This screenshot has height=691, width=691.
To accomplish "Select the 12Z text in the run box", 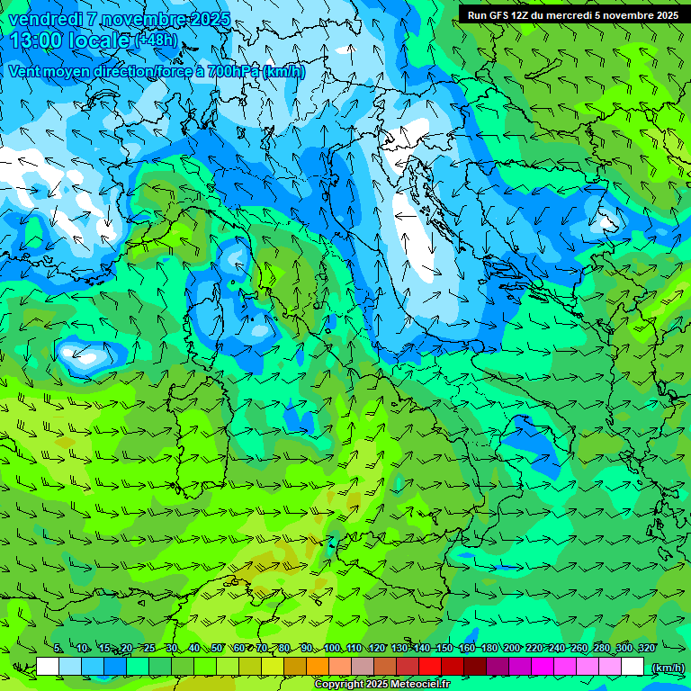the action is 520,15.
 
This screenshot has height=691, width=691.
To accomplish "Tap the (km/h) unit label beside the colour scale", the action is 667,668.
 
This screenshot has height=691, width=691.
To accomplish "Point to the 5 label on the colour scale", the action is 58,648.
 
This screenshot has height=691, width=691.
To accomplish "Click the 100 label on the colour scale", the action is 332,648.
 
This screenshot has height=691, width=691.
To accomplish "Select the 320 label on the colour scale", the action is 646,648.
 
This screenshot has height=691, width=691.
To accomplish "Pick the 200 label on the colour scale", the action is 512,648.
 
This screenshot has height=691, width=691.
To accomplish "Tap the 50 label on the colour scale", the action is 217,648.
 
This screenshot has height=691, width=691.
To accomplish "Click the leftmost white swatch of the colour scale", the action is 48,667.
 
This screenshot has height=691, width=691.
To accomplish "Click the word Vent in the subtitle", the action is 25,71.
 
